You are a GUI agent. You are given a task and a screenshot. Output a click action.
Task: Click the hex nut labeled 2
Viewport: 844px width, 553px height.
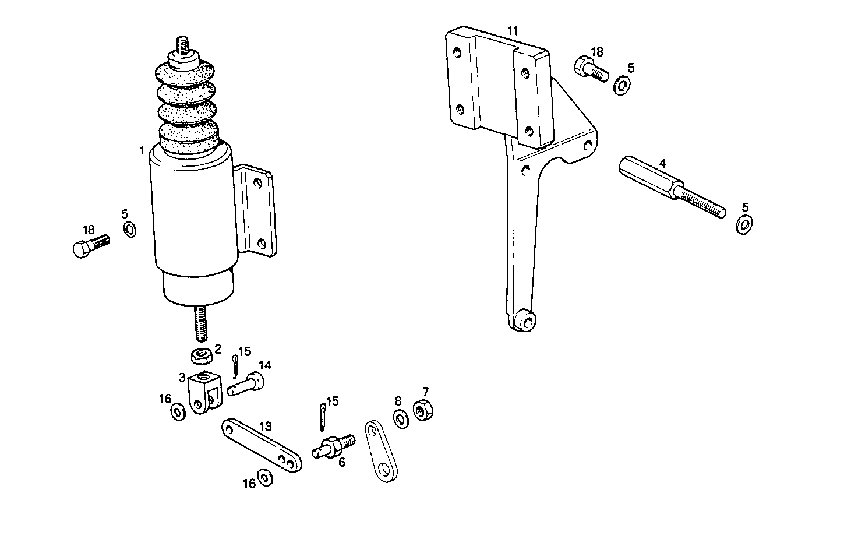[201, 354]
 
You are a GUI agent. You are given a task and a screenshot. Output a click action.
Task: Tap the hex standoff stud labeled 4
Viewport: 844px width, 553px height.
[670, 185]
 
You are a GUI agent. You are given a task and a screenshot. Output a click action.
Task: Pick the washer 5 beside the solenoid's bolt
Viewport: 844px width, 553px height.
[130, 229]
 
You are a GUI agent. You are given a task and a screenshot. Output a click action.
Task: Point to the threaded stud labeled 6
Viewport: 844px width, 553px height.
[333, 446]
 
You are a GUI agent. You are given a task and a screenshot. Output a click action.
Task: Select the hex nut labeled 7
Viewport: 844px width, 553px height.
[423, 411]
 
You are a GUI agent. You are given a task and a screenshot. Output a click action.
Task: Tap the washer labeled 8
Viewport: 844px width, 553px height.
[400, 419]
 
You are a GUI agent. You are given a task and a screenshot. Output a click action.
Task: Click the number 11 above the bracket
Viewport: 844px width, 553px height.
[511, 30]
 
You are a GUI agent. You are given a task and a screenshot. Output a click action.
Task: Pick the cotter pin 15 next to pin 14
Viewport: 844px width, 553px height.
[235, 368]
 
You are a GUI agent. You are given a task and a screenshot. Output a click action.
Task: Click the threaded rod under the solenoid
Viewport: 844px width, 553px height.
[200, 325]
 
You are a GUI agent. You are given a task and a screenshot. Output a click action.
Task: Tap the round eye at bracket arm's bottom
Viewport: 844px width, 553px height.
[527, 320]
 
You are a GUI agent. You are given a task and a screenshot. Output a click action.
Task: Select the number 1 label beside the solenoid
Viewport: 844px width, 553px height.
[142, 151]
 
